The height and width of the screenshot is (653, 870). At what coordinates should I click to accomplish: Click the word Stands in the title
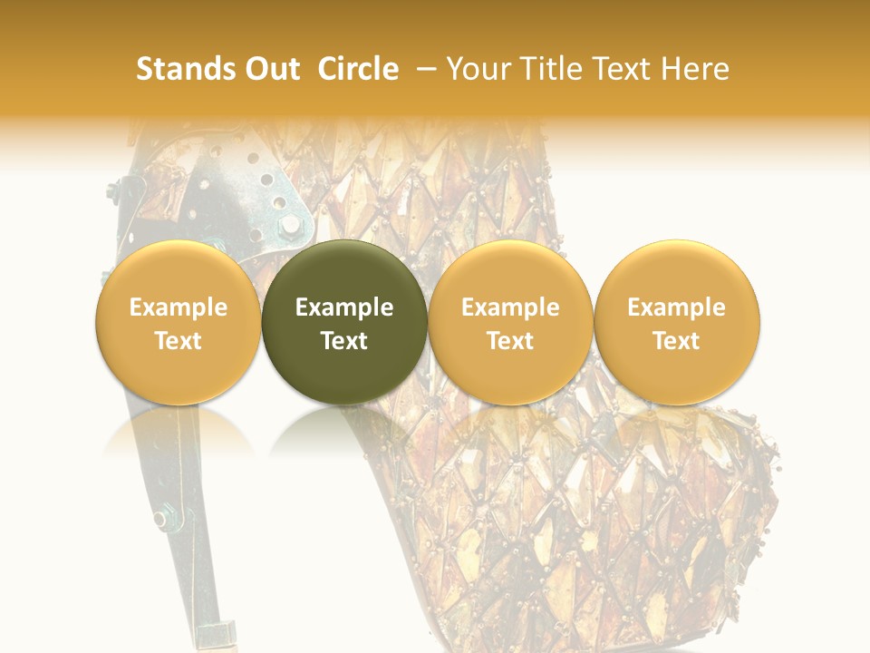(179, 69)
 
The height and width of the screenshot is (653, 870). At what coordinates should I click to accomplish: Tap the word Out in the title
(270, 69)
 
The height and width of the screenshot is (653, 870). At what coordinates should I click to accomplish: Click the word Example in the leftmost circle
(178, 307)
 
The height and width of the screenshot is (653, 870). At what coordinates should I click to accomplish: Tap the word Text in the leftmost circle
(178, 341)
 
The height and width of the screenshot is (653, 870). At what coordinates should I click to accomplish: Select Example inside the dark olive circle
(343, 307)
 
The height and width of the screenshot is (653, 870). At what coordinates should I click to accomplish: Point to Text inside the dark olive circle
(343, 341)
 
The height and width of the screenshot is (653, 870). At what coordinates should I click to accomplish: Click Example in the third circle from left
(510, 307)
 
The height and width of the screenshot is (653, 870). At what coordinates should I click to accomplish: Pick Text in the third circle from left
(510, 341)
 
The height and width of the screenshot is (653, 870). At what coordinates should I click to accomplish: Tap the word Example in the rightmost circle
(676, 307)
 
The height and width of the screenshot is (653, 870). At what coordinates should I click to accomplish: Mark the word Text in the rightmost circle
(676, 341)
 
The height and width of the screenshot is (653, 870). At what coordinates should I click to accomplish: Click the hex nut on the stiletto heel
(162, 519)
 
